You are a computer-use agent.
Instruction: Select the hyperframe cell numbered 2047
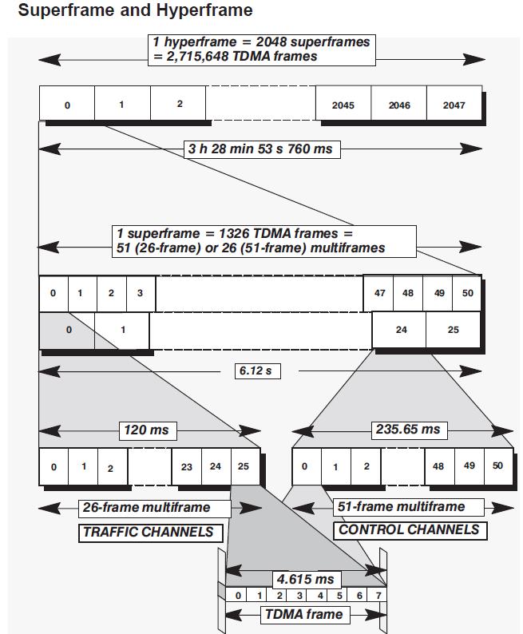tap(454, 105)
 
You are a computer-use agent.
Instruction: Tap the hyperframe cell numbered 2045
tap(343, 105)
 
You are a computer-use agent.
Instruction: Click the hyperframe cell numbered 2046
tap(399, 105)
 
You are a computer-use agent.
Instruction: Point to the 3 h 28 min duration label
tap(260, 149)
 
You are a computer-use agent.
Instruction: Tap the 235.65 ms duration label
tap(406, 429)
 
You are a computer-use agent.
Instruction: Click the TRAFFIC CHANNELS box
tap(149, 532)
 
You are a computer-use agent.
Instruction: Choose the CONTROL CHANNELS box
tap(409, 529)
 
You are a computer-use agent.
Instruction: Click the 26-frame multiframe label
tap(146, 507)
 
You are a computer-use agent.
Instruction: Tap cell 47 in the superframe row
tap(379, 293)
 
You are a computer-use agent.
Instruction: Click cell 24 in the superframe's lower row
tap(401, 330)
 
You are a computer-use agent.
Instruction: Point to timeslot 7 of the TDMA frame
tap(378, 596)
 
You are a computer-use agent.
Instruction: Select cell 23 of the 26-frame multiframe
tap(186, 466)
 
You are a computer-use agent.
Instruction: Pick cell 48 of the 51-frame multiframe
tap(438, 466)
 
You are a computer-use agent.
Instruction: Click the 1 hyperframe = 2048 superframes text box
tap(263, 49)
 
